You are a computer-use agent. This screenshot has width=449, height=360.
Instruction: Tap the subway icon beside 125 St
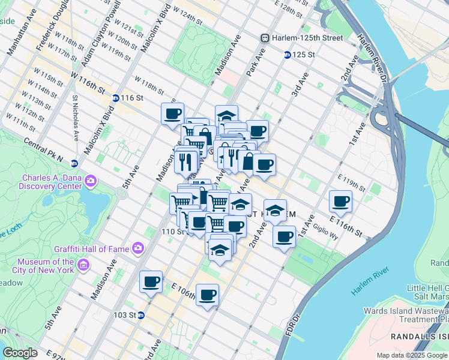[288, 55]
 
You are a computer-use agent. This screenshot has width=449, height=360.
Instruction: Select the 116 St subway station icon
[115, 98]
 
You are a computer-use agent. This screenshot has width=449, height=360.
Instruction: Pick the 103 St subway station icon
[140, 314]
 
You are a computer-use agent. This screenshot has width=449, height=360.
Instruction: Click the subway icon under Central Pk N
[74, 163]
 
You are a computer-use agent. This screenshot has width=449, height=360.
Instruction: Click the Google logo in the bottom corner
[20, 353]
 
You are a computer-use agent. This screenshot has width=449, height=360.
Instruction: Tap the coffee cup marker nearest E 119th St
[341, 202]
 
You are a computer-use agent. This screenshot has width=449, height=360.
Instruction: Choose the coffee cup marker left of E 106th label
[151, 281]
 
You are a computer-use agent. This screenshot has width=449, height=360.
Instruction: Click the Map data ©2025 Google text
[412, 355]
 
